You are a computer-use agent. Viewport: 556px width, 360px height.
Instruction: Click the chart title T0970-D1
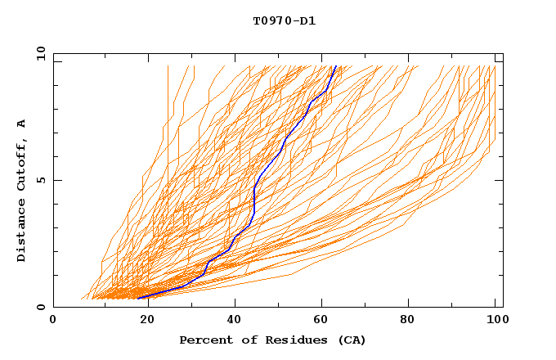[284, 20]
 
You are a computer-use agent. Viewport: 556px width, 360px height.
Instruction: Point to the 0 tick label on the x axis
[53, 320]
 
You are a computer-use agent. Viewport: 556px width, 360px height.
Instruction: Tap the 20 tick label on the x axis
[143, 320]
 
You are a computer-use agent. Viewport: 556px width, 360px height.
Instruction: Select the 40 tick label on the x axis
[233, 320]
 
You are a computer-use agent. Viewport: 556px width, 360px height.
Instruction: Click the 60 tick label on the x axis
[323, 320]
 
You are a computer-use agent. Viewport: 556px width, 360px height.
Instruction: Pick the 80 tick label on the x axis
[413, 320]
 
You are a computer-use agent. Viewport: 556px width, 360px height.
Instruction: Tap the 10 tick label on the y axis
[38, 53]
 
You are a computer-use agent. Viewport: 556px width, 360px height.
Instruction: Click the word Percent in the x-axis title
[203, 340]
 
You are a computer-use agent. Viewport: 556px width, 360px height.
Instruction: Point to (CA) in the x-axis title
[350, 340]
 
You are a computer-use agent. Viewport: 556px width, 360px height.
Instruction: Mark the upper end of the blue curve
[335, 66]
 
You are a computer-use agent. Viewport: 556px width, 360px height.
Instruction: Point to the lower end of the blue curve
[138, 298]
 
